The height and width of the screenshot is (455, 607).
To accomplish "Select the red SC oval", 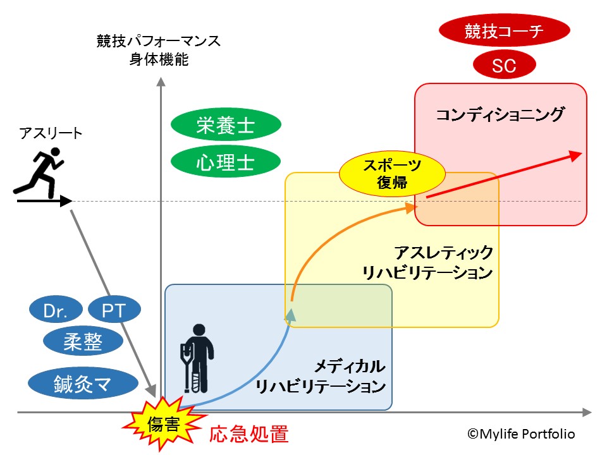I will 504,64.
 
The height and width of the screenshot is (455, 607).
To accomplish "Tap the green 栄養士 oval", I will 225,126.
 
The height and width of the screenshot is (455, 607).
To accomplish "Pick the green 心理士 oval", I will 225,162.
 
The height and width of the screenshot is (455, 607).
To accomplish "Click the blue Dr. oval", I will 56,310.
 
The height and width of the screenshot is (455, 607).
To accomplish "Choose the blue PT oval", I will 113,310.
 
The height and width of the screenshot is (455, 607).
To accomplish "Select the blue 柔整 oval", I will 83,342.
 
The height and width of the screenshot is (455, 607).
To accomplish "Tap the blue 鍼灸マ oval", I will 83,382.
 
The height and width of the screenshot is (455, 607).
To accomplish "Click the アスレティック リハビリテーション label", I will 427,262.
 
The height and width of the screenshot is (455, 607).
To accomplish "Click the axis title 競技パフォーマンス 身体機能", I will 159,51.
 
